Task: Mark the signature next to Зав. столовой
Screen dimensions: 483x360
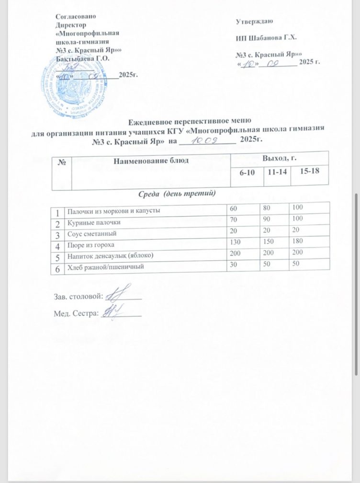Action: [x=117, y=292]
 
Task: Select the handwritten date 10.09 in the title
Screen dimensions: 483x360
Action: [x=206, y=140]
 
